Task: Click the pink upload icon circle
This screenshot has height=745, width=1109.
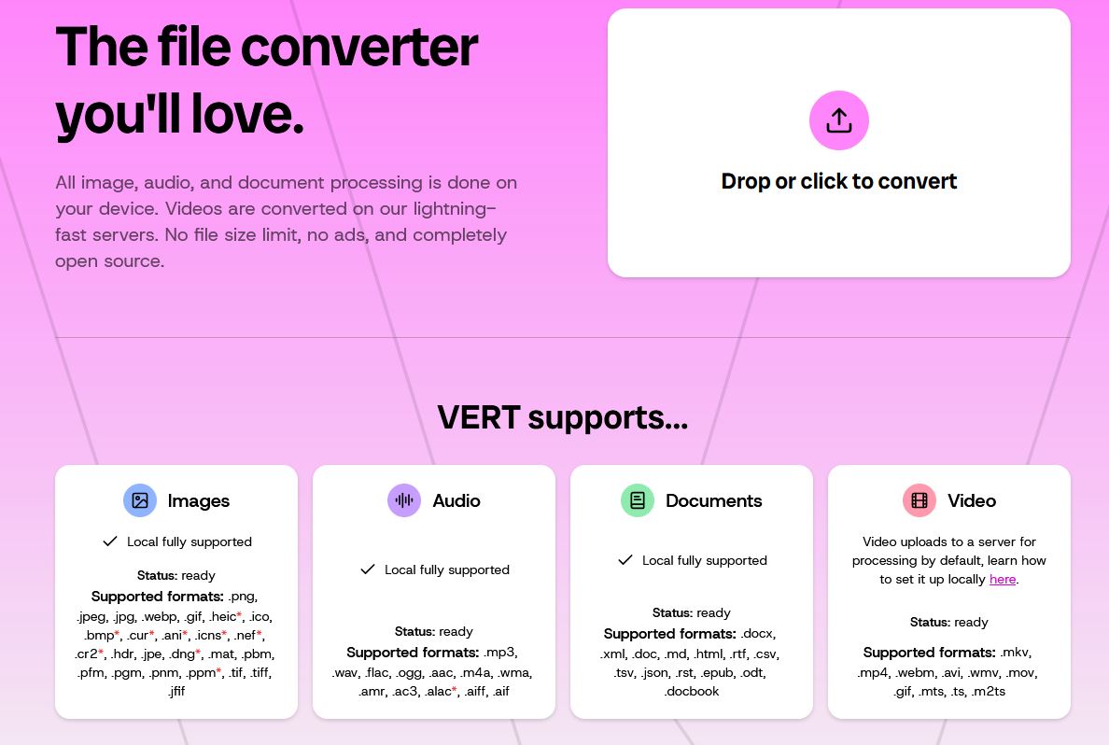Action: (839, 120)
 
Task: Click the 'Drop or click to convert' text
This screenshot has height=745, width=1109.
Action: (839, 181)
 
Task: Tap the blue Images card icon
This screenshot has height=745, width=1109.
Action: (140, 500)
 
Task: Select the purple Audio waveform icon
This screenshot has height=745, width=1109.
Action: (404, 500)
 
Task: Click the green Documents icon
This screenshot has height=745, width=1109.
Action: (638, 500)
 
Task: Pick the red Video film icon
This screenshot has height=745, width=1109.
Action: (919, 500)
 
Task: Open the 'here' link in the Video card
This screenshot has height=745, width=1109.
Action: (1003, 579)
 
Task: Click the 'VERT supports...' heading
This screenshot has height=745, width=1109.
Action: (562, 417)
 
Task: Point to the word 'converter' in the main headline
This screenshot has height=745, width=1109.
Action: (359, 47)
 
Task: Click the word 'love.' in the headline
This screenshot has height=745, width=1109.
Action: (247, 113)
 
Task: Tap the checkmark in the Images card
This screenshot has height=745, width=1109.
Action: (109, 541)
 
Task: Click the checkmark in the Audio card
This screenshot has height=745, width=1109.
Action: (368, 569)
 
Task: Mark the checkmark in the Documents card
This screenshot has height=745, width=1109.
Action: (625, 559)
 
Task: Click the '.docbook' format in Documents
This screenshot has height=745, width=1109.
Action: (692, 691)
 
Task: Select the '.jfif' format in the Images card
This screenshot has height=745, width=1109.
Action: (176, 691)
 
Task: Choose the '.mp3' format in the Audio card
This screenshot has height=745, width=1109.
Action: (500, 653)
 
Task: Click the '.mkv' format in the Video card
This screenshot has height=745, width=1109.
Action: (1015, 653)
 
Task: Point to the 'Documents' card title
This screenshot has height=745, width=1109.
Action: (713, 501)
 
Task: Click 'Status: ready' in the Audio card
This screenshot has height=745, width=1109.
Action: (433, 631)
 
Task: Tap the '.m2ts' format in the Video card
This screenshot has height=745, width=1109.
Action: (988, 691)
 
